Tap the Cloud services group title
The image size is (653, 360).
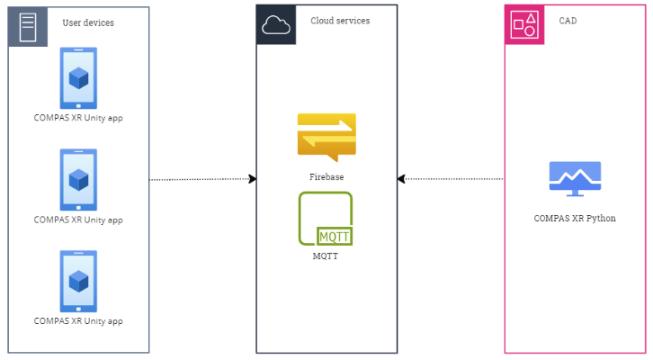click(x=340, y=21)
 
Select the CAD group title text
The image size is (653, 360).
click(x=568, y=21)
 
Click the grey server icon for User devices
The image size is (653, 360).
click(x=28, y=25)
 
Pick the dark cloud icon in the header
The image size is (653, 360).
click(x=276, y=25)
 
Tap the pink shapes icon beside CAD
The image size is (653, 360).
click(x=524, y=25)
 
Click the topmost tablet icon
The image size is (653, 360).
click(x=78, y=78)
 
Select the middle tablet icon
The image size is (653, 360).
click(x=78, y=180)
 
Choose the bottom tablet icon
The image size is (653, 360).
click(x=78, y=282)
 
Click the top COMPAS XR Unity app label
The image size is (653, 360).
click(x=78, y=119)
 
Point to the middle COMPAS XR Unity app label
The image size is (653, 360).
click(x=78, y=220)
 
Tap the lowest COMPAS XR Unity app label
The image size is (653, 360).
click(x=78, y=321)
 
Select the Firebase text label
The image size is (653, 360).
click(x=326, y=177)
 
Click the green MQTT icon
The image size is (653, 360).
click(x=326, y=219)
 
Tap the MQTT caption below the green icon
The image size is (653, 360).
click(x=326, y=256)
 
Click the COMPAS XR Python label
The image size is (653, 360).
click(x=575, y=218)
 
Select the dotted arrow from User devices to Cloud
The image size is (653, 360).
click(x=202, y=179)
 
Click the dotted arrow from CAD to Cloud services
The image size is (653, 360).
click(x=451, y=179)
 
